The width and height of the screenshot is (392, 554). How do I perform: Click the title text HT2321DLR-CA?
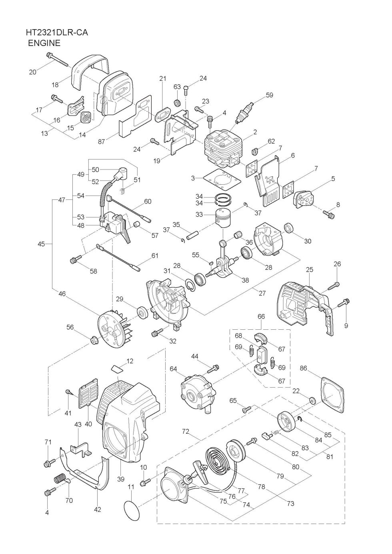pyautogui.click(x=57, y=32)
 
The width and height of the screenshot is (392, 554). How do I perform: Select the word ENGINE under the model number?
pyautogui.click(x=44, y=43)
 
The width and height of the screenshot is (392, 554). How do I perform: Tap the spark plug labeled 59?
pyautogui.click(x=244, y=112)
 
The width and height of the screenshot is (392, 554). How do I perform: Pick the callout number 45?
pyautogui.click(x=41, y=244)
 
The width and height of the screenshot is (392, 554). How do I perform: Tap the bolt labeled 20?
pyautogui.click(x=57, y=60)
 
